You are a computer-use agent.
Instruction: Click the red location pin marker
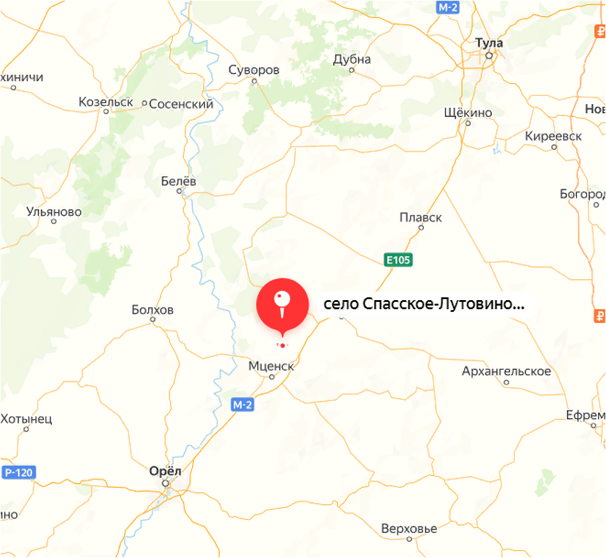[x=282, y=303]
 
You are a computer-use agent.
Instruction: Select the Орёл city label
[x=165, y=471]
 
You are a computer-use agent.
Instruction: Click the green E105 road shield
[x=399, y=259]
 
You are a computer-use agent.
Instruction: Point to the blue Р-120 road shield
[x=19, y=472]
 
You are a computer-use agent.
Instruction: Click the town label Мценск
[x=270, y=365]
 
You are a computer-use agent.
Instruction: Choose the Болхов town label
[x=153, y=309]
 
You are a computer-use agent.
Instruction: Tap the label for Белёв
[x=178, y=181]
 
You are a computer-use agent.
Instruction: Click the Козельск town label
[x=106, y=102]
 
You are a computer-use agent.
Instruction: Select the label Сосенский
[x=181, y=104]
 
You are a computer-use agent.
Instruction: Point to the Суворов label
[x=254, y=70]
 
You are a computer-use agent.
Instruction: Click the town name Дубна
[x=351, y=59]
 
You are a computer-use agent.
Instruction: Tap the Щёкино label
[x=468, y=112]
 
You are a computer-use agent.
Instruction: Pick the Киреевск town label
[x=553, y=136]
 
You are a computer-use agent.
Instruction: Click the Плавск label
[x=421, y=217]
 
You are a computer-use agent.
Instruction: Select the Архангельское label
[x=506, y=371]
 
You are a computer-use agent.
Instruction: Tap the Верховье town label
[x=409, y=528]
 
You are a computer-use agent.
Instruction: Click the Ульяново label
[x=54, y=211]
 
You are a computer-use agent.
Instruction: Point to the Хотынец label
[x=26, y=418]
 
